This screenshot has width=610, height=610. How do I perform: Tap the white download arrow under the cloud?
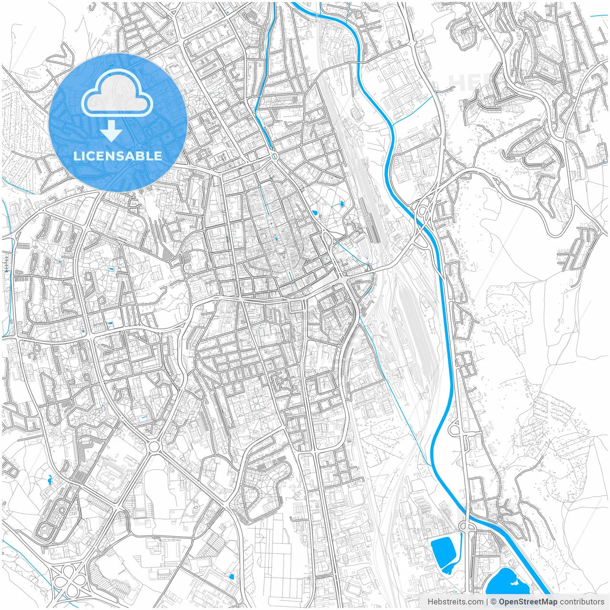coord(111,131)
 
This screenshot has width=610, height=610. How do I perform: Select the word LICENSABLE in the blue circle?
coord(118,156)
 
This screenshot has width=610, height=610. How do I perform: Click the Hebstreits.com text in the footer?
coord(455,601)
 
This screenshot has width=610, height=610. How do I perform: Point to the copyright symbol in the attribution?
coord(494,601)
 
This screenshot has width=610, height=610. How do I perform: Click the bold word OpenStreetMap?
coord(528,601)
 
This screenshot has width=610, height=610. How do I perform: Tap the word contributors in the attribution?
coord(582,601)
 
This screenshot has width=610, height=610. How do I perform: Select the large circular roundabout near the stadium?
coord(154,447)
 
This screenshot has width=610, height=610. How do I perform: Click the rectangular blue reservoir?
coord(443,550)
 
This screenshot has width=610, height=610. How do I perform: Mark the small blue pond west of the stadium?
coord(50,478)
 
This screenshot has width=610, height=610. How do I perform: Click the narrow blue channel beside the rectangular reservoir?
coord(461,548)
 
